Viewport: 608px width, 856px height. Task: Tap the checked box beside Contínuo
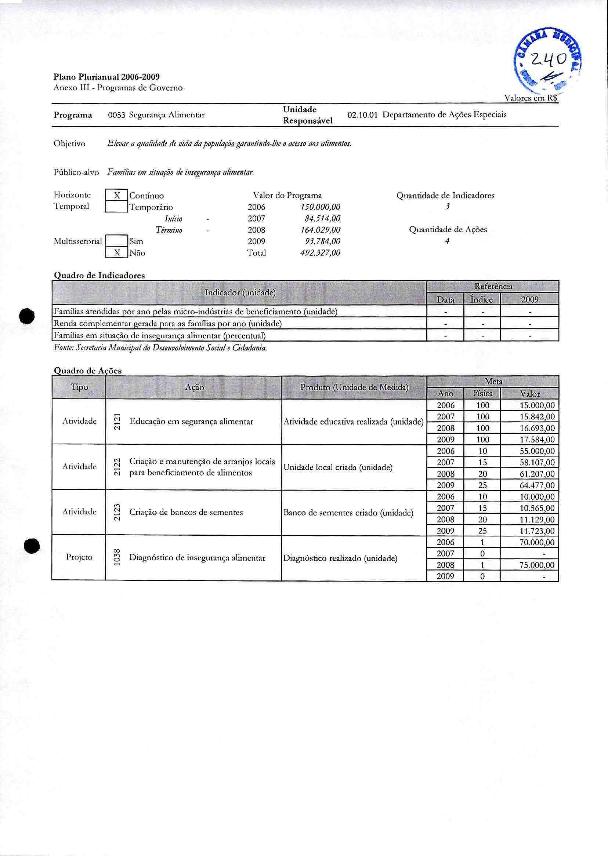[117, 195]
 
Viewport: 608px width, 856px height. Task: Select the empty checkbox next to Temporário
[117, 207]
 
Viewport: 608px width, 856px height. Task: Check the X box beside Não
[117, 253]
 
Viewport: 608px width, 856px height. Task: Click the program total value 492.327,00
[320, 253]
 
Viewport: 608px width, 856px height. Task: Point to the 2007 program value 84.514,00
[322, 218]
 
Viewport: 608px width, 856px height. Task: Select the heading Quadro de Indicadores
[99, 275]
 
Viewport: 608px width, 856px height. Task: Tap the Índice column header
[482, 299]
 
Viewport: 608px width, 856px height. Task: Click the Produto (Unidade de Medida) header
[354, 387]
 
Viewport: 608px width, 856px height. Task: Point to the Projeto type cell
[79, 557]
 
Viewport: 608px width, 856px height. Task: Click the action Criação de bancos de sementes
[186, 512]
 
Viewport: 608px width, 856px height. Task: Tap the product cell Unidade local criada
[338, 467]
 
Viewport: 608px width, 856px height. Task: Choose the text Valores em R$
[531, 98]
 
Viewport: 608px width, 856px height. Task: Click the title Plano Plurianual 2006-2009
[107, 77]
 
